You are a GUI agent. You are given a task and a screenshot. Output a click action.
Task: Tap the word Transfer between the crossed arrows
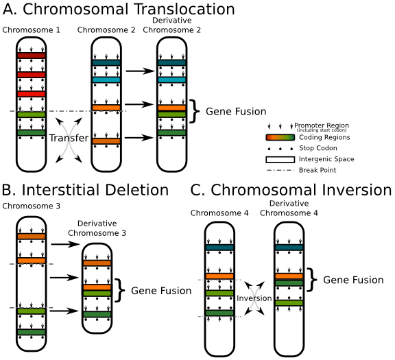(x=69, y=139)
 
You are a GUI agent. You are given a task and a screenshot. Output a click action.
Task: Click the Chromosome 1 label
(x=31, y=30)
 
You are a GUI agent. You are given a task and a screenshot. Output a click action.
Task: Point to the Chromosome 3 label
(x=31, y=206)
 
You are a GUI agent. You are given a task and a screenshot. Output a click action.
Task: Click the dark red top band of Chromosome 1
(x=31, y=56)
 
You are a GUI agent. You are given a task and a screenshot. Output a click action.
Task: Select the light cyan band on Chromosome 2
(x=106, y=80)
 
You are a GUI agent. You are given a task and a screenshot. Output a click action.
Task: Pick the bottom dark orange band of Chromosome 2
(x=106, y=141)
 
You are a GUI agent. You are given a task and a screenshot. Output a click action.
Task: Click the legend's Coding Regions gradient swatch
(x=279, y=137)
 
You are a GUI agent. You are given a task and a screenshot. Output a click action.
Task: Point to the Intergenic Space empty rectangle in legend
(x=279, y=159)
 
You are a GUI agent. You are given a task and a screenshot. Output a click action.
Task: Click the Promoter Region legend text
(x=322, y=125)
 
